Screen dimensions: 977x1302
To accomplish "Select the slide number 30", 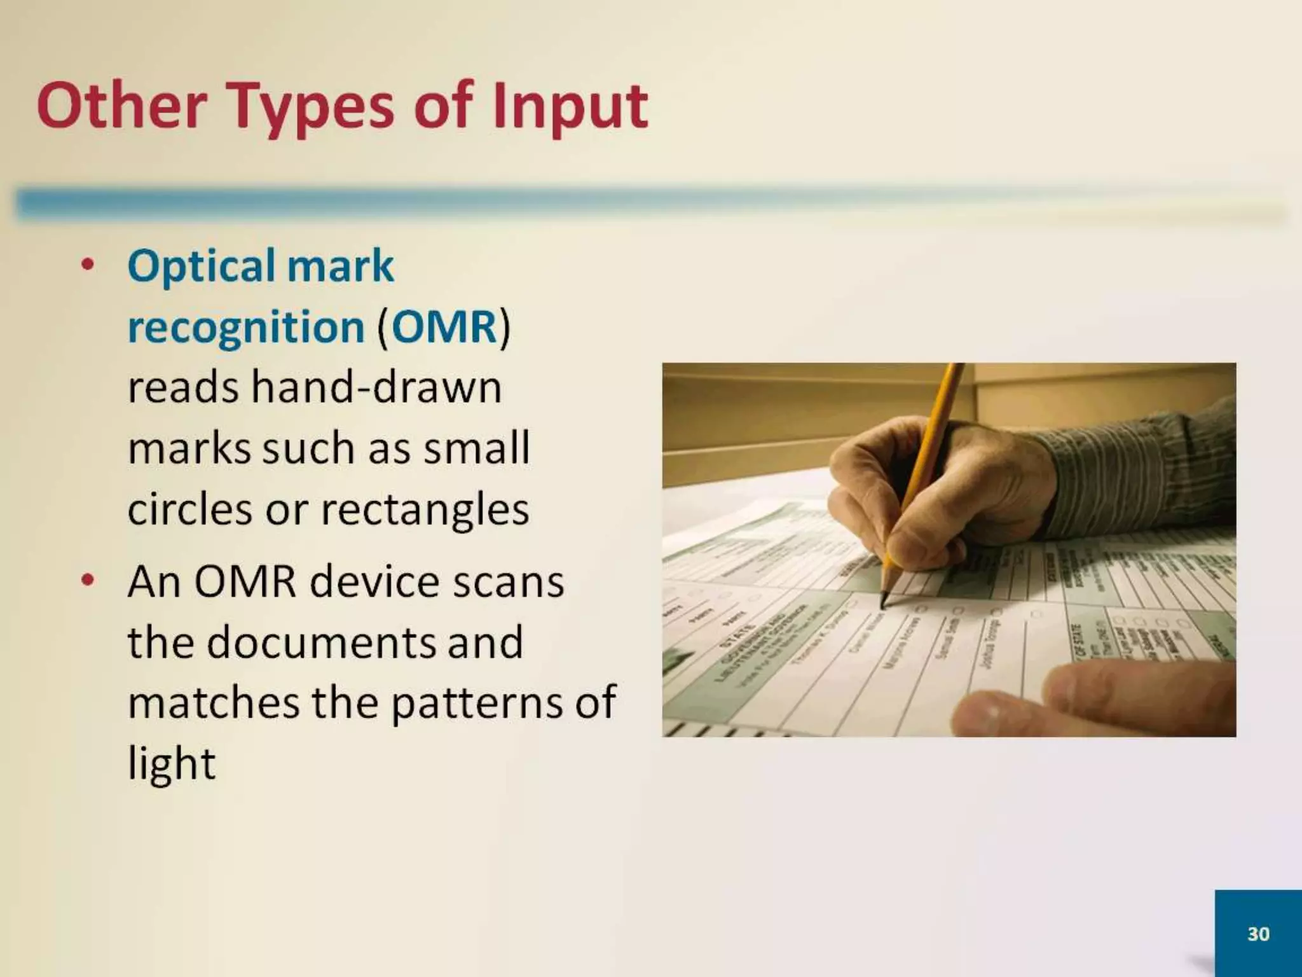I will (1258, 934).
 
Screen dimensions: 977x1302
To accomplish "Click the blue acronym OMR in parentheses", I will (444, 327).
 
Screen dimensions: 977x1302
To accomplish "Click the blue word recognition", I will (246, 327).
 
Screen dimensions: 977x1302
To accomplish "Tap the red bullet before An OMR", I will (88, 580).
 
